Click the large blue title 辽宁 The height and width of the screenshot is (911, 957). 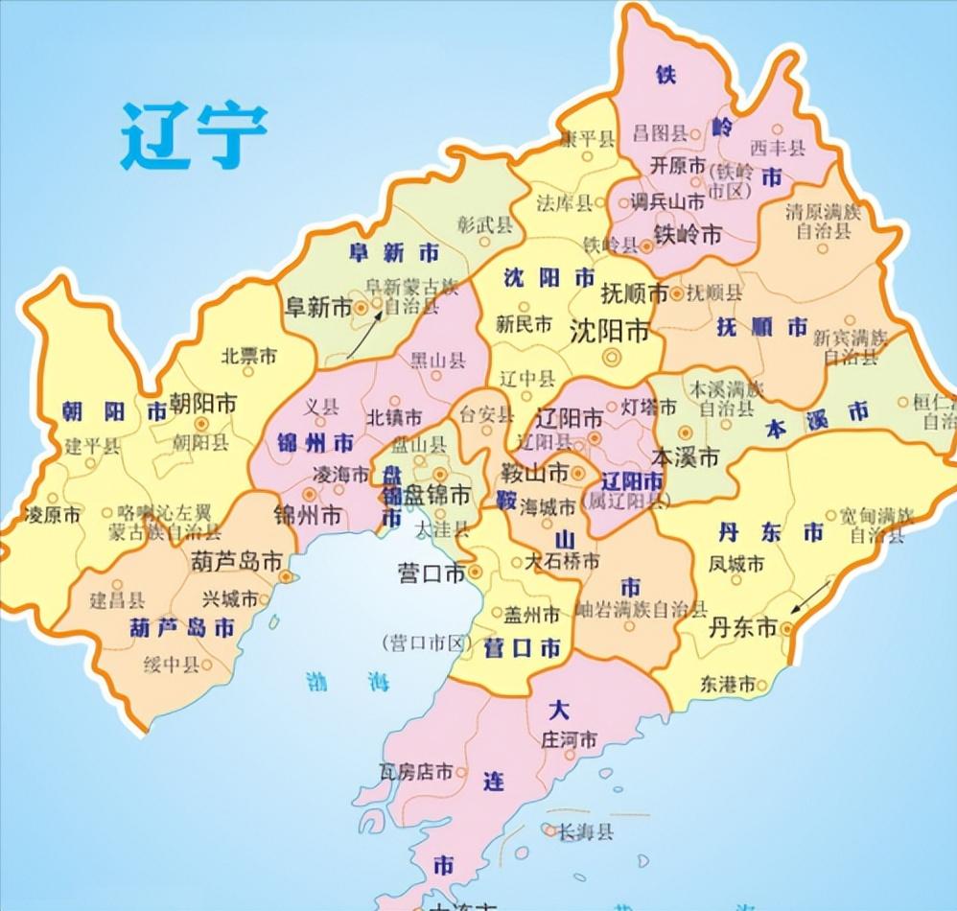193,135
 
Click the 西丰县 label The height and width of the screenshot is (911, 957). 777,147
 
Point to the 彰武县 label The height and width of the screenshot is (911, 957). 485,224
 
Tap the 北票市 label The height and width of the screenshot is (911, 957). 248,356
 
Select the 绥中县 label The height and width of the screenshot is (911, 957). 170,665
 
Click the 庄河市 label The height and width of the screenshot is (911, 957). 570,740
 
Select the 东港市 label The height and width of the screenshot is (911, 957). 727,684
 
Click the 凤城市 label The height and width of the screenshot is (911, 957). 735,565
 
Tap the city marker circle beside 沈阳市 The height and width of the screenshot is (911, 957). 611,358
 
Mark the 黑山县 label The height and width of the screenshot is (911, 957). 438,361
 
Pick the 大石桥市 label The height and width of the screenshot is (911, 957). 561,562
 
